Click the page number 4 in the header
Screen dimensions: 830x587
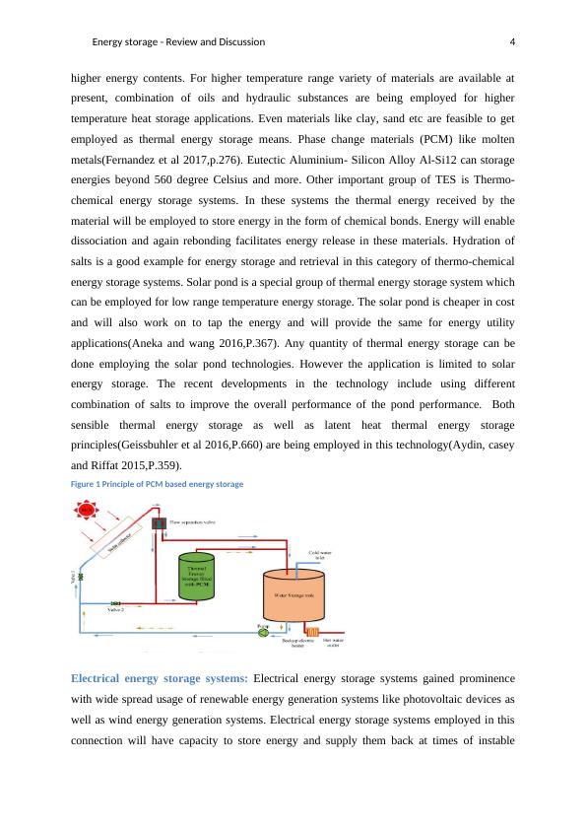[x=514, y=42]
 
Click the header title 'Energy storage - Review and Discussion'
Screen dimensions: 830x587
[x=178, y=42]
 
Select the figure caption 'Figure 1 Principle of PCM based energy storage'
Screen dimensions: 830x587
[x=157, y=484]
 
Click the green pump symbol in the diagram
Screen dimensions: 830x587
[x=263, y=632]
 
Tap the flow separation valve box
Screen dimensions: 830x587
[x=158, y=523]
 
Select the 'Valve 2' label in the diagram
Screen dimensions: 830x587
[x=116, y=610]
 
